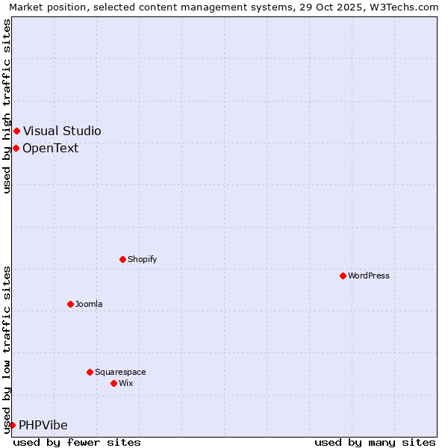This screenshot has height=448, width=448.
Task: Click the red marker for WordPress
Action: (x=343, y=276)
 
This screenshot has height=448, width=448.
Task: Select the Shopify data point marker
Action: (x=122, y=259)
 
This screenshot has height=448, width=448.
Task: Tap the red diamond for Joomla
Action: (x=70, y=304)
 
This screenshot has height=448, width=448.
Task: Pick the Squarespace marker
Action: (x=90, y=372)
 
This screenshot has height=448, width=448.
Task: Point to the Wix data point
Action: (x=113, y=383)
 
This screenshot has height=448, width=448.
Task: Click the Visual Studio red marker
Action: (x=16, y=131)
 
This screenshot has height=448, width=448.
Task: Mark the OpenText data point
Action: (x=16, y=148)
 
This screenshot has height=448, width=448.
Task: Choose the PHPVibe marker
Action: (x=12, y=425)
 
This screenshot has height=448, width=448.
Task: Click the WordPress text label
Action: (x=369, y=276)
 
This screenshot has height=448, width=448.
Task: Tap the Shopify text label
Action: (x=142, y=259)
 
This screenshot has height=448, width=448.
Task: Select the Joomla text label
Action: (x=89, y=304)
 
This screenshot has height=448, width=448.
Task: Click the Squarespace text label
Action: (x=120, y=372)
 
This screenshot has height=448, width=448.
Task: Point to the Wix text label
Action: (x=126, y=383)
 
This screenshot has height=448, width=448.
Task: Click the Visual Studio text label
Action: (x=62, y=131)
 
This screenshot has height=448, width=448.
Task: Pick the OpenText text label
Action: (x=50, y=148)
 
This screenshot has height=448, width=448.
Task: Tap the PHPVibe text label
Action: (x=43, y=425)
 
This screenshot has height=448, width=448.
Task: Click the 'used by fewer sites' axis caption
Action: (x=77, y=442)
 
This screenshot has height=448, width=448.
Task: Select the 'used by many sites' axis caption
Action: (x=375, y=442)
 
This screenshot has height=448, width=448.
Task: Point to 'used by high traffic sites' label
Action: (x=7, y=106)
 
